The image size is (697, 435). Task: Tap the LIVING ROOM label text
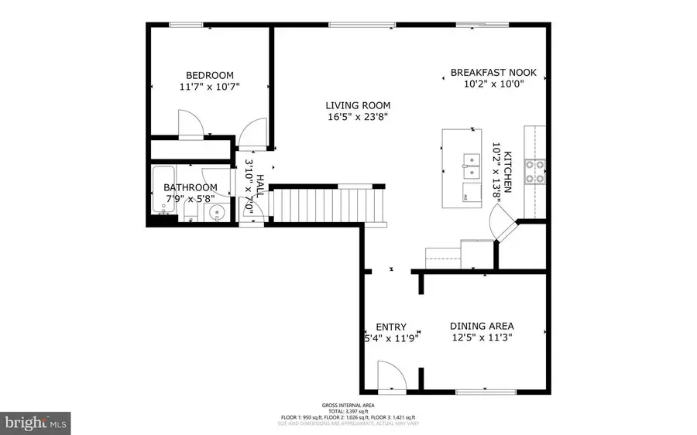pos(357,105)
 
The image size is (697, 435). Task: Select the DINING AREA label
pos(482,326)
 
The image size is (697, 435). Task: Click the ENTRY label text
pos(391,326)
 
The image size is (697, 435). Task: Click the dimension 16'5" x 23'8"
pos(357,118)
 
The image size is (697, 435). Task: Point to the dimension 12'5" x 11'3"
pos(482,337)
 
